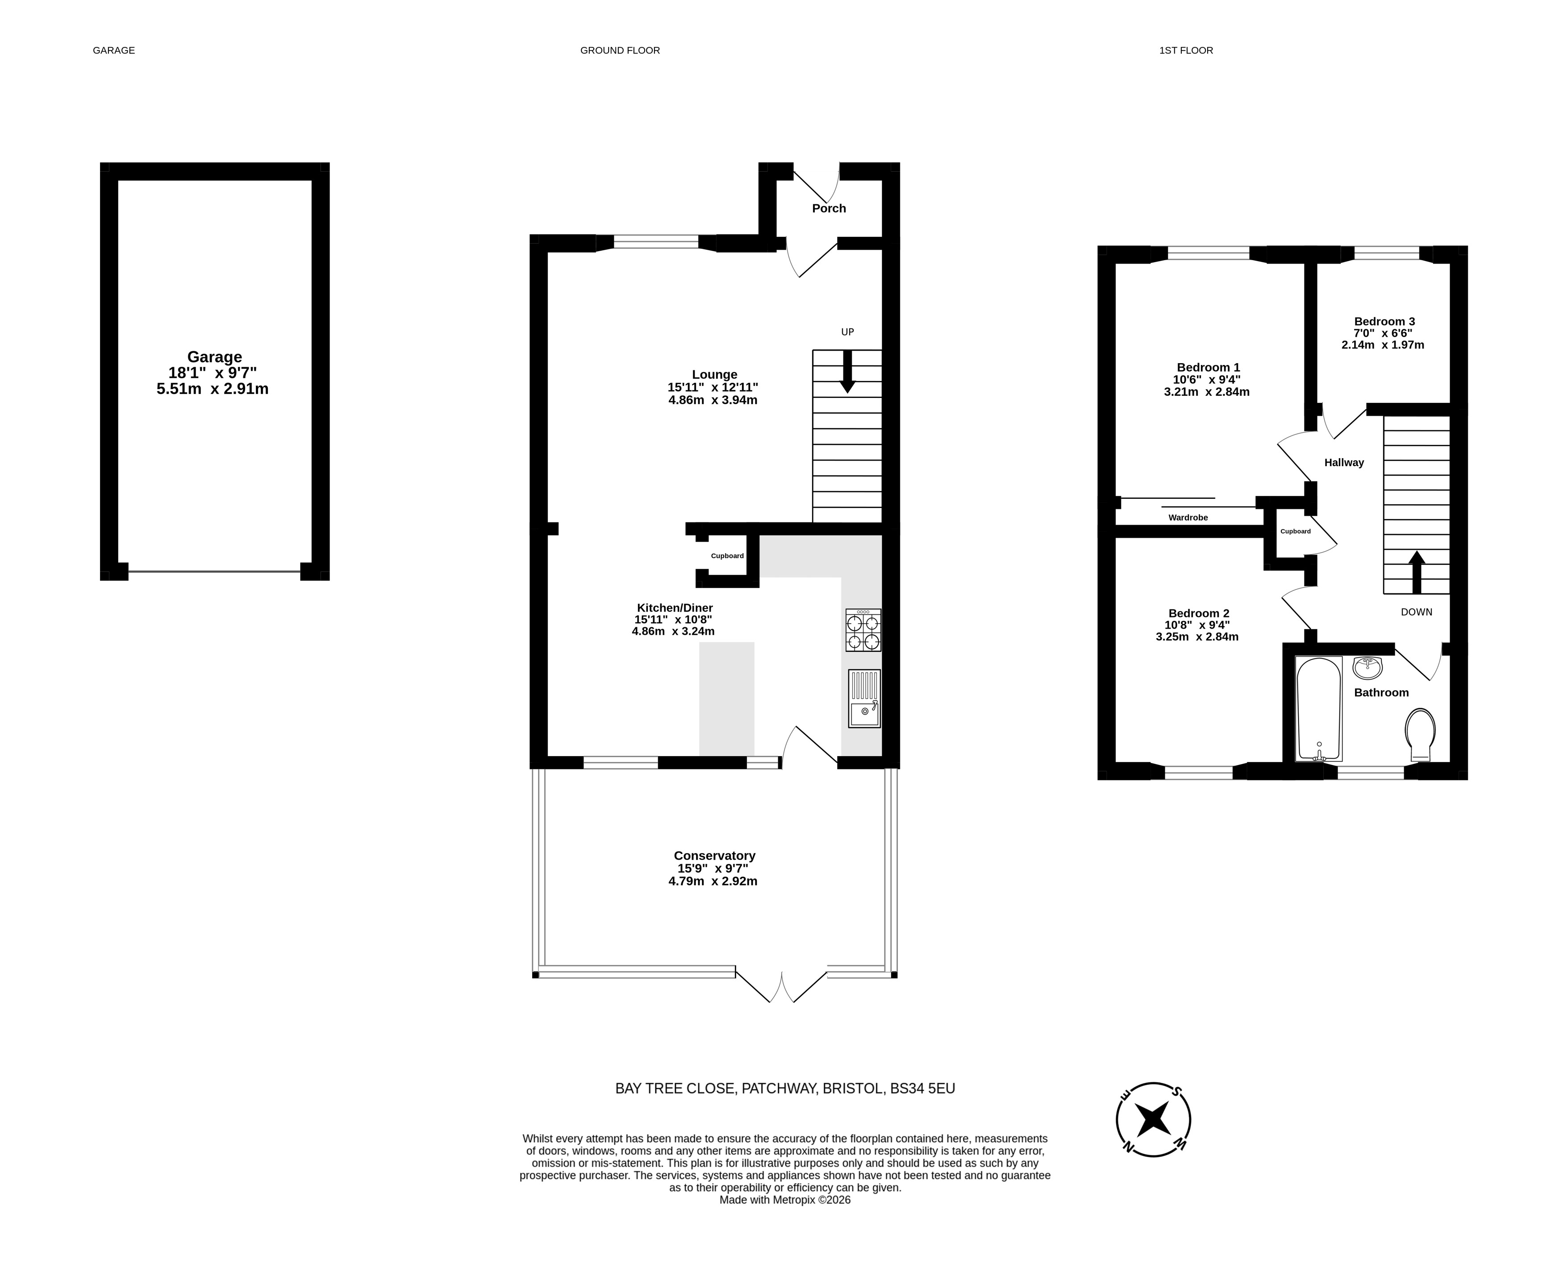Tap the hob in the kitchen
(x=863, y=630)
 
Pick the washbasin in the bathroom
(x=1367, y=667)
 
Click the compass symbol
(x=1153, y=1119)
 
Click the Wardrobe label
(x=1188, y=518)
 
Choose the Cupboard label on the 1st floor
(x=1296, y=531)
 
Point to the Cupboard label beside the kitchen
(x=727, y=556)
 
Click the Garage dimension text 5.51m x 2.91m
(x=213, y=389)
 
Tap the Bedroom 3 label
(x=1385, y=321)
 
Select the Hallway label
(x=1344, y=463)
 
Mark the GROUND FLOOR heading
(x=620, y=50)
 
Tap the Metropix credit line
(x=785, y=1200)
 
